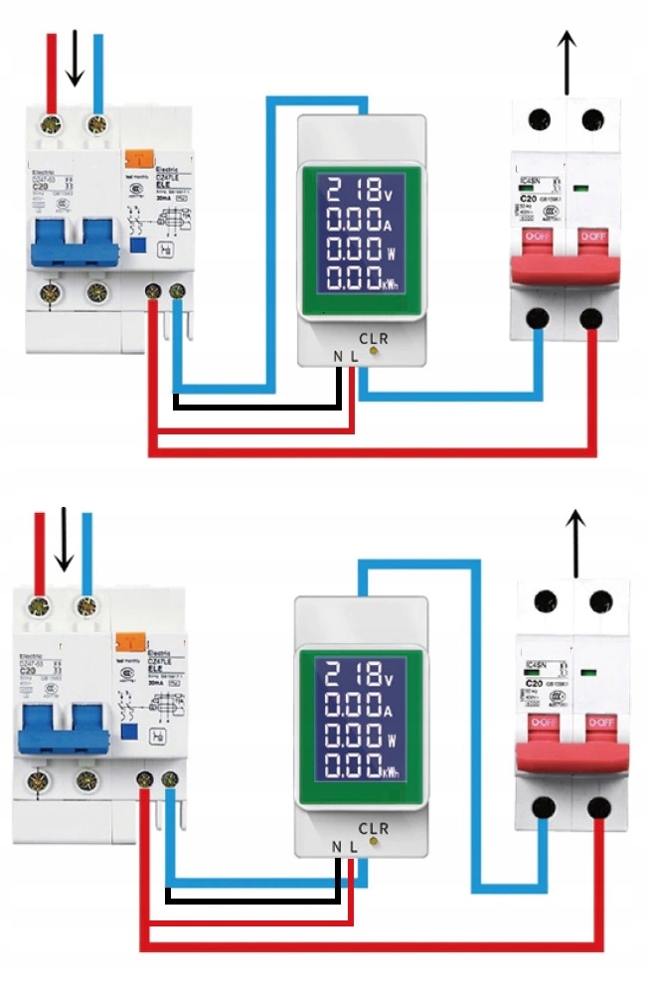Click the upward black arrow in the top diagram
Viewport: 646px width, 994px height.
566,62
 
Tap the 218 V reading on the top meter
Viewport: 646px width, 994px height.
361,189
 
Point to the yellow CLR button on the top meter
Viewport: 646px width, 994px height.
374,351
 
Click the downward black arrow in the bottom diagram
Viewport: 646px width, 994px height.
65,540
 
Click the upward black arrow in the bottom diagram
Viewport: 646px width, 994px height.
575,543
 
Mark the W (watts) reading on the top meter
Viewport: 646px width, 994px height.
361,246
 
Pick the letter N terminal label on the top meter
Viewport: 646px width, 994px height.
338,356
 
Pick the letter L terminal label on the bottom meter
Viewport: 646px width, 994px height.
353,847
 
